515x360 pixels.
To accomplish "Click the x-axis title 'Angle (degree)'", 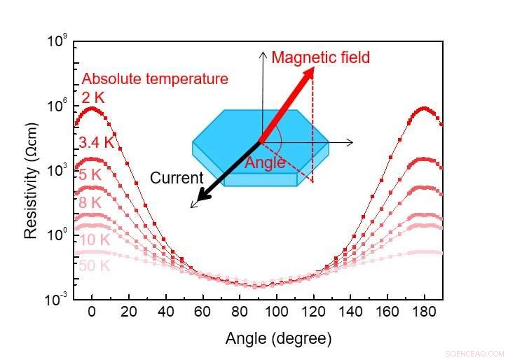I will (x=278, y=339).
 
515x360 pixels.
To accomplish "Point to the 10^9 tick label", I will (x=56, y=41).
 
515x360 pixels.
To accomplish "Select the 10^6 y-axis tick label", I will (x=56, y=106).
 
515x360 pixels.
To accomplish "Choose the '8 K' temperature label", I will (x=91, y=203).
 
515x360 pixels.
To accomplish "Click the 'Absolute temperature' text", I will (x=155, y=79).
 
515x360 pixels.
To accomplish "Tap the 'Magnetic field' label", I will (x=320, y=57).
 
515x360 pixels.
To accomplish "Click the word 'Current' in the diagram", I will (x=177, y=178).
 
